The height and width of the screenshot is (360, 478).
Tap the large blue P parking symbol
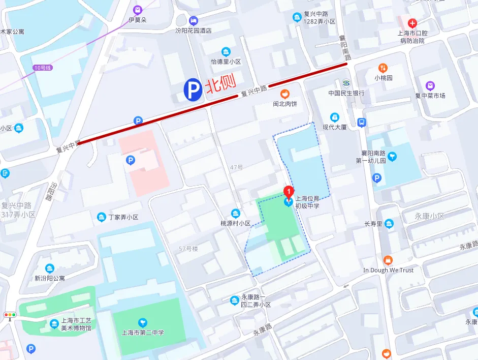[193, 91]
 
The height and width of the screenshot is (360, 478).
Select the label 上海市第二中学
[143, 333]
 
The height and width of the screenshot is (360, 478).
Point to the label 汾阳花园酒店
[193, 30]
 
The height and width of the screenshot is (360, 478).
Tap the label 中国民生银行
[346, 93]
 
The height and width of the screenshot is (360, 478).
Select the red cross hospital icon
[412, 23]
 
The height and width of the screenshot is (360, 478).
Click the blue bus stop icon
[362, 122]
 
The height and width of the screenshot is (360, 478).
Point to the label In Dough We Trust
[388, 270]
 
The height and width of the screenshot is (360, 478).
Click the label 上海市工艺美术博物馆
[76, 324]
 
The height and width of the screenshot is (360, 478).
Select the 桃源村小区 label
[235, 223]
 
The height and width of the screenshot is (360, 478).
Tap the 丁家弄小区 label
[123, 217]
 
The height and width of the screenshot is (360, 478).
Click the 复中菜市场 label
[430, 95]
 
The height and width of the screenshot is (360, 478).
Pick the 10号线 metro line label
[43, 68]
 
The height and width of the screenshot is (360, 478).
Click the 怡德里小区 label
[226, 61]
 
